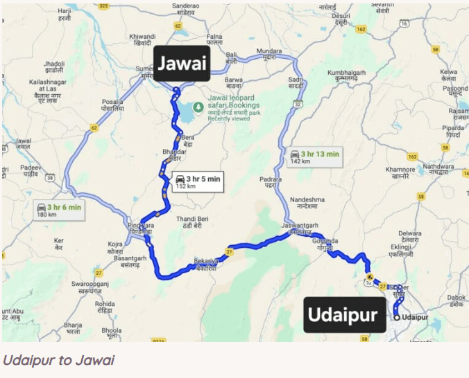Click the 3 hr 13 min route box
tap(314, 156)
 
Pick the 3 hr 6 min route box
tap(59, 210)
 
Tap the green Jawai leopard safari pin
tap(198, 107)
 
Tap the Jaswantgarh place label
tap(298, 228)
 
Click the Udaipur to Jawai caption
tap(58, 360)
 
